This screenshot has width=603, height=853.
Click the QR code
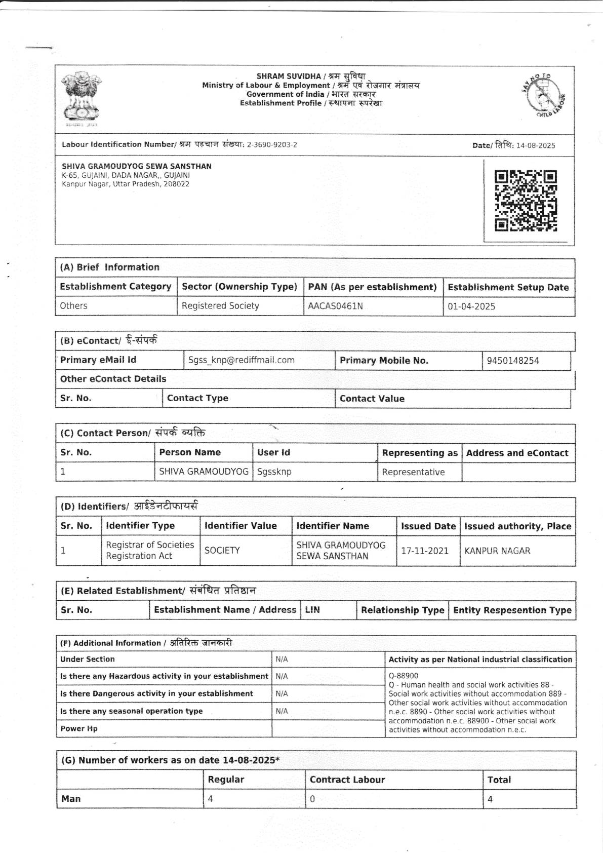pyautogui.click(x=526, y=201)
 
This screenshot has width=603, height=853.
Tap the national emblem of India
pyautogui.click(x=82, y=97)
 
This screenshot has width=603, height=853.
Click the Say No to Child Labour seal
pyautogui.click(x=544, y=95)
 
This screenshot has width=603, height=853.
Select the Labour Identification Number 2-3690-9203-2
pyautogui.click(x=272, y=145)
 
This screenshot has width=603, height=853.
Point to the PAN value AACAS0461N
pyautogui.click(x=335, y=306)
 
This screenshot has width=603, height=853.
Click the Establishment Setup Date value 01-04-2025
pyautogui.click(x=471, y=306)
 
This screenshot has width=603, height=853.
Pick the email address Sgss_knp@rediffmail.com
pyautogui.click(x=241, y=360)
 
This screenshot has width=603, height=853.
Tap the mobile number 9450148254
pyautogui.click(x=513, y=361)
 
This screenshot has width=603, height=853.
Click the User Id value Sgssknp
pyautogui.click(x=274, y=472)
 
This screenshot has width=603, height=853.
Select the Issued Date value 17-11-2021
pyautogui.click(x=425, y=551)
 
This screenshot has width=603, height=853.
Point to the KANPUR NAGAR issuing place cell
pyautogui.click(x=497, y=551)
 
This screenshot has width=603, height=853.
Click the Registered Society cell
pyautogui.click(x=220, y=306)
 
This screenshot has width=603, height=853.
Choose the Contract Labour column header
pyautogui.click(x=347, y=780)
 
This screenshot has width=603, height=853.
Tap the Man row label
pyautogui.click(x=71, y=799)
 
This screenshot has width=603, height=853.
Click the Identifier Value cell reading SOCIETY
pyautogui.click(x=222, y=551)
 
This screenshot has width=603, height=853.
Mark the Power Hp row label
pyautogui.click(x=79, y=728)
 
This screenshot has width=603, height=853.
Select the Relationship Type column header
pyautogui.click(x=403, y=610)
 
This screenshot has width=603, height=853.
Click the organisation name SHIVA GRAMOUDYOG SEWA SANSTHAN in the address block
pyautogui.click(x=137, y=166)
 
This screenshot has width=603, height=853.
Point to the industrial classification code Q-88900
pyautogui.click(x=404, y=676)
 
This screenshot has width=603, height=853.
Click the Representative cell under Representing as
pyautogui.click(x=413, y=472)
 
